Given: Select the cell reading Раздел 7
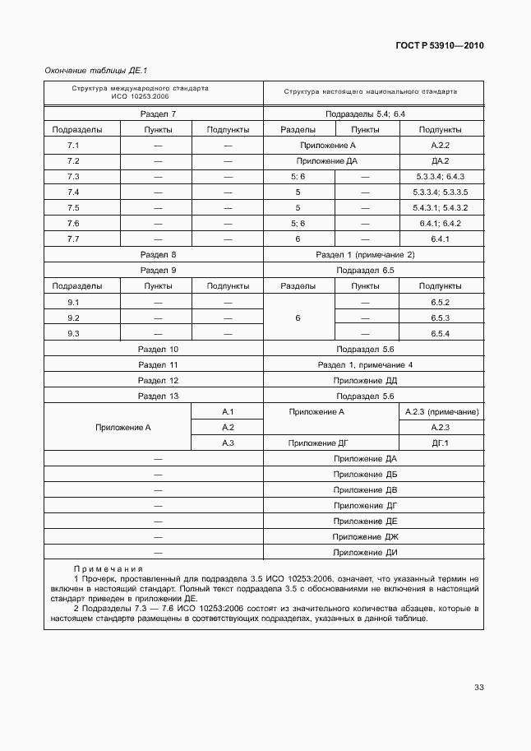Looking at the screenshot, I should point(158,114).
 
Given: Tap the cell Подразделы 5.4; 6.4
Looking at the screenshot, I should point(366,114).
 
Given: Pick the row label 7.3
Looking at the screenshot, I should point(73,177).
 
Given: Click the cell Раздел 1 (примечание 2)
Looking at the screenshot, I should point(366,255).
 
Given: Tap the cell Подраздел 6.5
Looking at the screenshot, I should point(366,271).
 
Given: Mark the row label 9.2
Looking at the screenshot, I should point(73,318).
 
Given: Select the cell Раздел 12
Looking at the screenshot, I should point(158,381).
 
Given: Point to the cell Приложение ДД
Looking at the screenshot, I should point(366,381).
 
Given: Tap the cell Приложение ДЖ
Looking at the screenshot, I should point(366,537).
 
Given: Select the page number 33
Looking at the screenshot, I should point(478,688).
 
